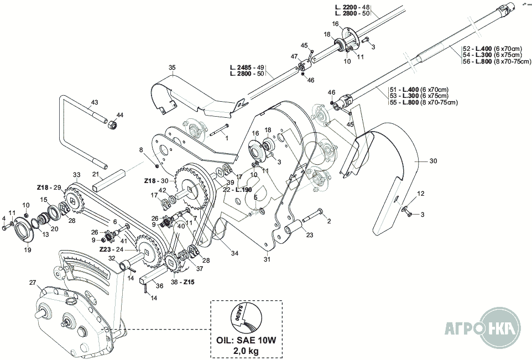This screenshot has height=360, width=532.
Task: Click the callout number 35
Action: pyautogui.click(x=172, y=67)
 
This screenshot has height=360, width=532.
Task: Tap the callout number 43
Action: pyautogui.click(x=95, y=103)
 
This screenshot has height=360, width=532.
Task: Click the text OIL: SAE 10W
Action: pyautogui.click(x=246, y=338)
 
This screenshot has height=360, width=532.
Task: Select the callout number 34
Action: pyautogui.click(x=235, y=253)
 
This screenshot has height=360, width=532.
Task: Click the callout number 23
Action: pyautogui.click(x=309, y=234)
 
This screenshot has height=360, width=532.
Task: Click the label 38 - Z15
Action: pyautogui.click(x=183, y=281)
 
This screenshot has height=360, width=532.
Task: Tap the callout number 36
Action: pyautogui.click(x=159, y=286)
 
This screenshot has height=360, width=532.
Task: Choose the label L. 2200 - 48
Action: pyautogui.click(x=352, y=7)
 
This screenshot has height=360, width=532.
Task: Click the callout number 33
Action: pyautogui.click(x=76, y=175)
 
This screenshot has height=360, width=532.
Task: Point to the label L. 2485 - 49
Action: pyautogui.click(x=247, y=67)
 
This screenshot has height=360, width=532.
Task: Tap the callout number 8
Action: pyautogui.click(x=141, y=150)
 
